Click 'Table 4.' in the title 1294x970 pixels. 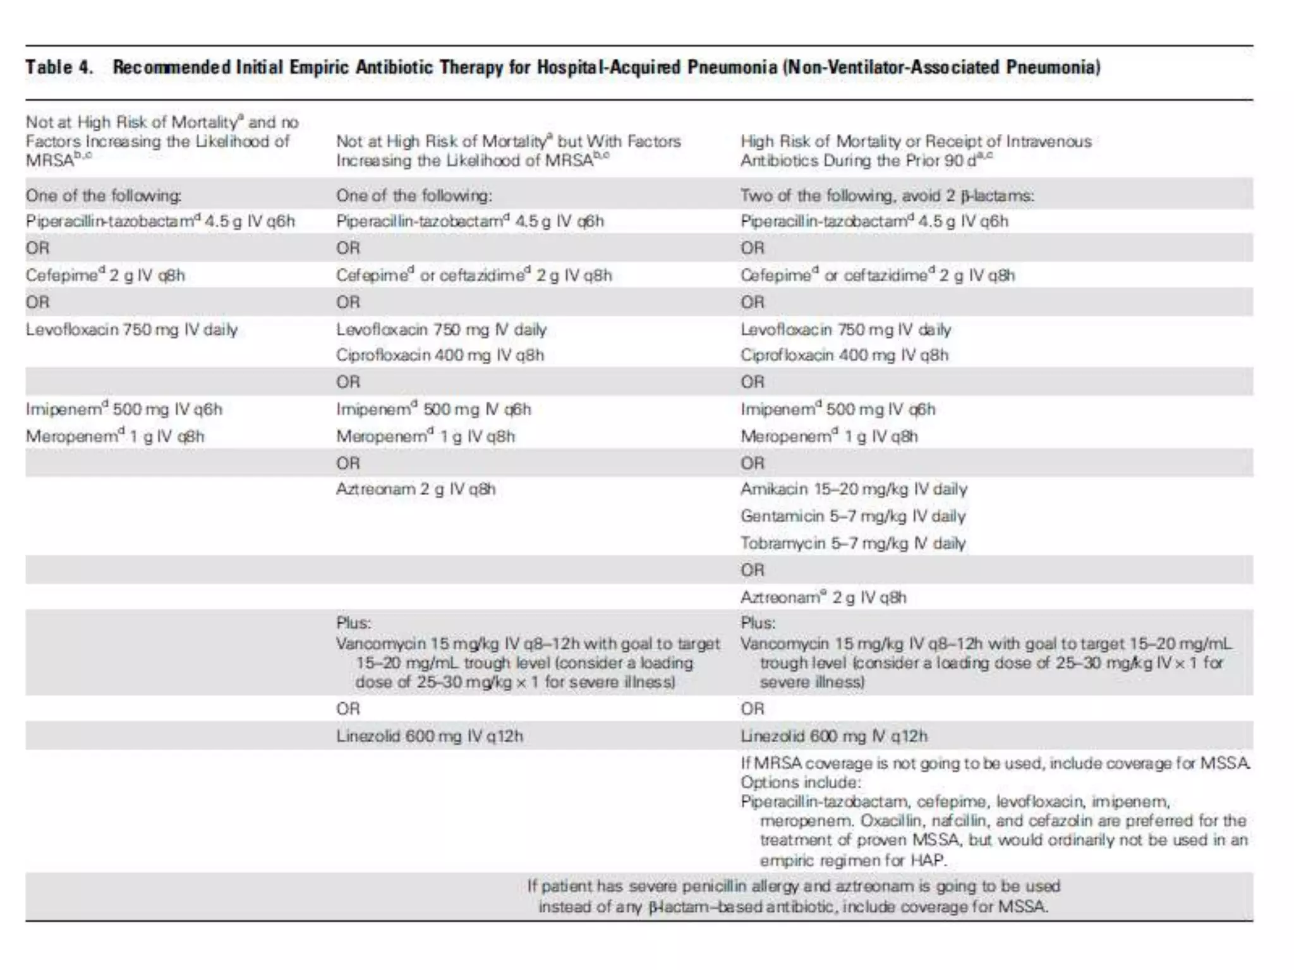pyautogui.click(x=59, y=67)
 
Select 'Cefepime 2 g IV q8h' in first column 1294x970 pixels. pyautogui.click(x=105, y=275)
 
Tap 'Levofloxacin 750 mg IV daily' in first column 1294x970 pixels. pyautogui.click(x=131, y=330)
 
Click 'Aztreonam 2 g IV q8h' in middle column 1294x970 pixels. pyautogui.click(x=415, y=489)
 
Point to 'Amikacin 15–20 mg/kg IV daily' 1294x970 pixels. pyautogui.click(x=853, y=489)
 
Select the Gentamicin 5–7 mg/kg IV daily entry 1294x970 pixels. pyautogui.click(x=852, y=517)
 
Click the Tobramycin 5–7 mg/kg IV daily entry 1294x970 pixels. pyautogui.click(x=852, y=544)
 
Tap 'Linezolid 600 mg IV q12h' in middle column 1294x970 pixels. pyautogui.click(x=429, y=736)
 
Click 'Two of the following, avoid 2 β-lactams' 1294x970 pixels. pyautogui.click(x=886, y=196)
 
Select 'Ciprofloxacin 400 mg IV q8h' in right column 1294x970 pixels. pyautogui.click(x=844, y=356)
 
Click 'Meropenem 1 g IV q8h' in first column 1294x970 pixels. pyautogui.click(x=114, y=436)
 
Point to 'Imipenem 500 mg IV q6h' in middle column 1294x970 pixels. pyautogui.click(x=433, y=409)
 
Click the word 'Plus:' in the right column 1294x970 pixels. pyautogui.click(x=758, y=623)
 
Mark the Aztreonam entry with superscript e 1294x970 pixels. pyautogui.click(x=823, y=597)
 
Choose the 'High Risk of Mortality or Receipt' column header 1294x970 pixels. pyautogui.click(x=916, y=141)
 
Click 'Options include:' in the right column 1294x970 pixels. pyautogui.click(x=800, y=782)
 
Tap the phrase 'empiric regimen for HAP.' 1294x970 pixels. pyautogui.click(x=853, y=860)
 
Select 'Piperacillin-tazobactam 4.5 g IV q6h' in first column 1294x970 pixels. pyautogui.click(x=160, y=222)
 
